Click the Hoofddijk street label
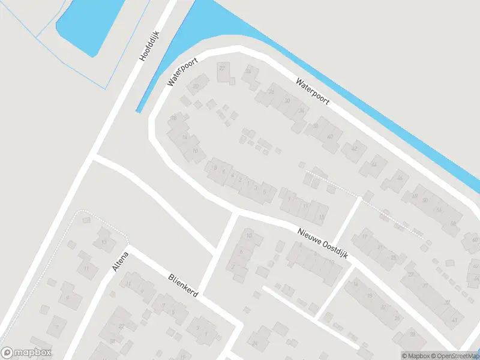[148, 46]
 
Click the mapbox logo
[26, 353]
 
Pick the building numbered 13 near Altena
[104, 242]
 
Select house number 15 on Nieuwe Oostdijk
[322, 217]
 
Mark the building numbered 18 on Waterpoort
[174, 118]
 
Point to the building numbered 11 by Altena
[86, 268]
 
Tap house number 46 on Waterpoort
[400, 178]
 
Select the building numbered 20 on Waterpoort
[195, 86]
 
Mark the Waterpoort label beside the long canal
[313, 91]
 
